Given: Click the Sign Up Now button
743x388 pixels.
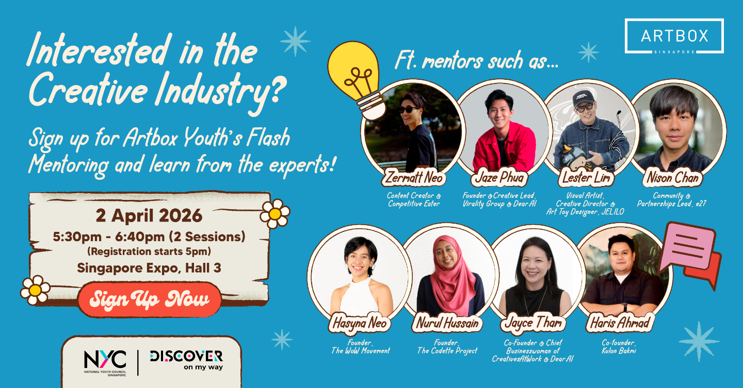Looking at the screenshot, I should [x=150, y=299].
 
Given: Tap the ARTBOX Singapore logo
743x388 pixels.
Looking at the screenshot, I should [x=674, y=36].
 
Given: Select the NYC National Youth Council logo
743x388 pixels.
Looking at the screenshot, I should [x=105, y=361].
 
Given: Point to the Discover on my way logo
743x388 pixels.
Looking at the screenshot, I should [x=186, y=360].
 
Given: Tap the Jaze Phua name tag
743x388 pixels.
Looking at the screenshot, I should [x=498, y=178].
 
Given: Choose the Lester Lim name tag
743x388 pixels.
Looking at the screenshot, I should [x=586, y=178].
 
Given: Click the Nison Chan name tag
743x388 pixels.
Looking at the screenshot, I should [x=673, y=178].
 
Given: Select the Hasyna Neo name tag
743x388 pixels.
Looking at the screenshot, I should [x=360, y=324].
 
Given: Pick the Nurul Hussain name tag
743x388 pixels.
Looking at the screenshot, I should [x=447, y=324].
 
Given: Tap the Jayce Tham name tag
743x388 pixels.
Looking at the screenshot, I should [x=533, y=324].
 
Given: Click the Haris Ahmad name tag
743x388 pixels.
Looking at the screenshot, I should [x=619, y=324].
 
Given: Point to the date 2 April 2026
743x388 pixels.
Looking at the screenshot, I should [x=149, y=215].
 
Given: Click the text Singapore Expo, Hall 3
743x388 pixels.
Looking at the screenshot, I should [x=149, y=268].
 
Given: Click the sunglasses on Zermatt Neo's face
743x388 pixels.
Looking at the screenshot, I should [x=408, y=110].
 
